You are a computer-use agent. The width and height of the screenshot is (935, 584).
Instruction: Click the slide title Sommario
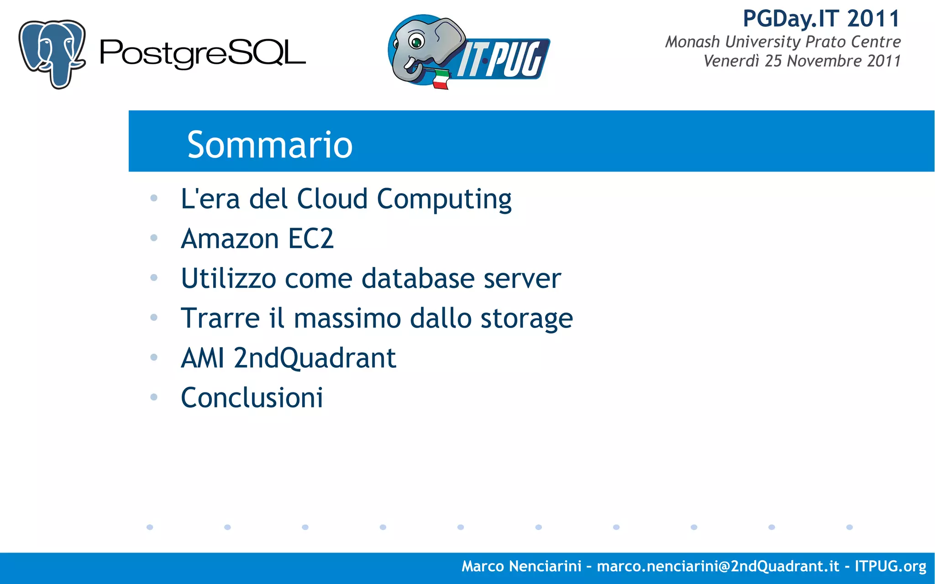point(270,145)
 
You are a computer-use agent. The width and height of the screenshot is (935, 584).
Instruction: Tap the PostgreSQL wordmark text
point(202,54)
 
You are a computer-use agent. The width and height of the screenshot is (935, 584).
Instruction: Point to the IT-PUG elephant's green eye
point(416,42)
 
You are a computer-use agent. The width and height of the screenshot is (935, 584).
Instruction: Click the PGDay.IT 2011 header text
point(821,19)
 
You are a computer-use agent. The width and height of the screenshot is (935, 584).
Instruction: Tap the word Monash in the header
point(692,42)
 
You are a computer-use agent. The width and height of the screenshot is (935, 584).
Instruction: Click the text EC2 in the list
point(311,239)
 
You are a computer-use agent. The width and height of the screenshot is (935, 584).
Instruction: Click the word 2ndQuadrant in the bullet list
point(315,358)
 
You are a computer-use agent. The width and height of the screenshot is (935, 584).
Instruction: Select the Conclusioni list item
point(252,397)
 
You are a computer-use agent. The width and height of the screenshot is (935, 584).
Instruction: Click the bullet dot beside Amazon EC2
point(154,238)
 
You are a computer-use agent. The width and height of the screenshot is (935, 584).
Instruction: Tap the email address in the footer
point(718,566)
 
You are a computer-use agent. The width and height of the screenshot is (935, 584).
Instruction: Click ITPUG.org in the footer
point(890,566)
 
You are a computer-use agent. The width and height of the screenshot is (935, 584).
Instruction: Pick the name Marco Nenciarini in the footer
point(521,566)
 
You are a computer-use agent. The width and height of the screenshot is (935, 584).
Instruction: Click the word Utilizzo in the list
point(228,278)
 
